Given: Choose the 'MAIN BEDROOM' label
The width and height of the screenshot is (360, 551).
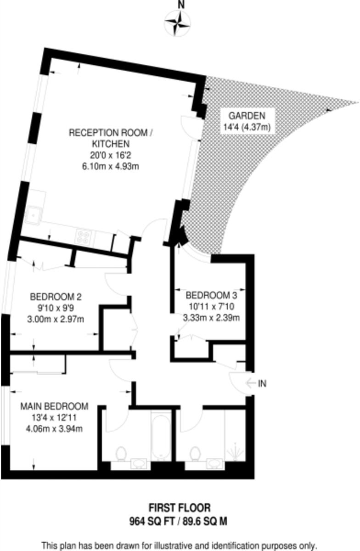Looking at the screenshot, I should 54,406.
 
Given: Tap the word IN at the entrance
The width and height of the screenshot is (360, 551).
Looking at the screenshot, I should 262,383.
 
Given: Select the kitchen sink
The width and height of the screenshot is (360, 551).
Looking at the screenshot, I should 34,214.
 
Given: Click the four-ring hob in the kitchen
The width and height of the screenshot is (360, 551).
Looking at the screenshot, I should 84,237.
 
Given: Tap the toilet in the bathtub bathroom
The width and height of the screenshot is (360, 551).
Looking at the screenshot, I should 121,454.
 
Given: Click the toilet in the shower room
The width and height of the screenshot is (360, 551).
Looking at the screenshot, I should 195,454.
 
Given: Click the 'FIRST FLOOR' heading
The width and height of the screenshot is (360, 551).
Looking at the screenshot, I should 180,508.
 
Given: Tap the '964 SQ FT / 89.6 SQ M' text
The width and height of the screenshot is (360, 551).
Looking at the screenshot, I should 180,521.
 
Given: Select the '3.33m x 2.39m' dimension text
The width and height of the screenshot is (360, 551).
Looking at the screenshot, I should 211,317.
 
